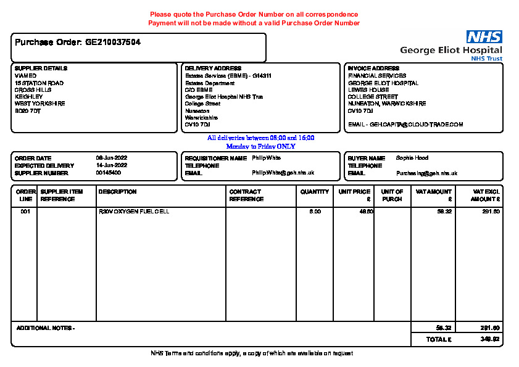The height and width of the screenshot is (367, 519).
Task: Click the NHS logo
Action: click(x=484, y=37)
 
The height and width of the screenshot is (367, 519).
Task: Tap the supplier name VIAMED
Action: click(x=25, y=76)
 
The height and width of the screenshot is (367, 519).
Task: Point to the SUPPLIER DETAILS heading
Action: click(x=41, y=68)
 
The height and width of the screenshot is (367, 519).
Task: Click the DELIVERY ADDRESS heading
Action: click(x=213, y=68)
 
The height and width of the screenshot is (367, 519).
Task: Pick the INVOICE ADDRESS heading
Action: click(x=373, y=68)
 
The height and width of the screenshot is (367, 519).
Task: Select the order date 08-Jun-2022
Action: click(x=111, y=159)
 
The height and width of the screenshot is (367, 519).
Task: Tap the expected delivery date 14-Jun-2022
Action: click(x=111, y=166)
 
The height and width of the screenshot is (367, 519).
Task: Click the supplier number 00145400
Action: click(x=108, y=173)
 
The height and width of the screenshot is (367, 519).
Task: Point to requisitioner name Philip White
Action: click(x=266, y=159)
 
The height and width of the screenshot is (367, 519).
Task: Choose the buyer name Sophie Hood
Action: click(x=412, y=159)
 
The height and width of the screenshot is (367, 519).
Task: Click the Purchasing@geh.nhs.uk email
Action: click(x=426, y=173)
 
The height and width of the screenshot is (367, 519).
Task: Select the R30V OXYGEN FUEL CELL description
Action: click(x=134, y=212)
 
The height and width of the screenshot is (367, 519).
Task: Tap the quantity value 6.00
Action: click(x=315, y=212)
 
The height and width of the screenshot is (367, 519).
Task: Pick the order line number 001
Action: click(x=25, y=212)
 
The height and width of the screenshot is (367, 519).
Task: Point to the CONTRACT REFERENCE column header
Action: click(x=246, y=196)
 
